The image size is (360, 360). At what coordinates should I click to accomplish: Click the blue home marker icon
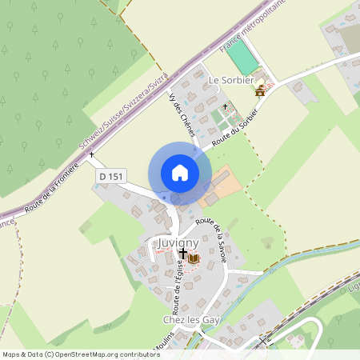click(x=180, y=173)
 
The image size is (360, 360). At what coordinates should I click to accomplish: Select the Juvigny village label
click(x=174, y=241)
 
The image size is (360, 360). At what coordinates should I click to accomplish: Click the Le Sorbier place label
click(x=231, y=81)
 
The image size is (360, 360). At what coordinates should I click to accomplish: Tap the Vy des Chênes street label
click(x=182, y=114)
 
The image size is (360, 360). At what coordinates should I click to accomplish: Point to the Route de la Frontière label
click(x=51, y=186)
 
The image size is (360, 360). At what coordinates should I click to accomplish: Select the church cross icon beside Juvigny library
click(x=183, y=254)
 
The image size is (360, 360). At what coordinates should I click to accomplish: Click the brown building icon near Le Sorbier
click(x=260, y=91)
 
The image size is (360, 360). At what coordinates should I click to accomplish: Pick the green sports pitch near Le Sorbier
click(x=242, y=58)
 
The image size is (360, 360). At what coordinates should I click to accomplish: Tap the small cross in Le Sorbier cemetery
click(x=225, y=106)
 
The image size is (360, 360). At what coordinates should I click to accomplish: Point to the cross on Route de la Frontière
click(x=92, y=154)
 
